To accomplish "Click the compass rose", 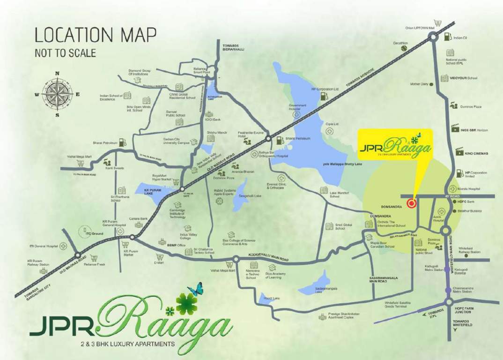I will pos(57,94).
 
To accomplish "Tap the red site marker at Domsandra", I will pos(411,203).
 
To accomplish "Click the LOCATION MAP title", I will pos(96,35).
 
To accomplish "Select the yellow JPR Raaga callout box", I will pos(395,145).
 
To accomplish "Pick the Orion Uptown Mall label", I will pos(420,28).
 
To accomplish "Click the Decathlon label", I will pos(400,43).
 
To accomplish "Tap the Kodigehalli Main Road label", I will pos(265,259).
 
